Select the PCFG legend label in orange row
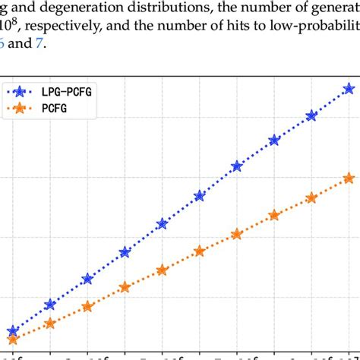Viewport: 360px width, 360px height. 61,109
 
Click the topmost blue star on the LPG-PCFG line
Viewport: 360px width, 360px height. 349,89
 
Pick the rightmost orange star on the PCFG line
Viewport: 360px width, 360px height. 349,178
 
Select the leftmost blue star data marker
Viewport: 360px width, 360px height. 13,332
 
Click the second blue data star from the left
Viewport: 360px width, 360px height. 50,305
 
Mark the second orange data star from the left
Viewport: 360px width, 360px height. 50,324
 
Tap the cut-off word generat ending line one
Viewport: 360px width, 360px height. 333,11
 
